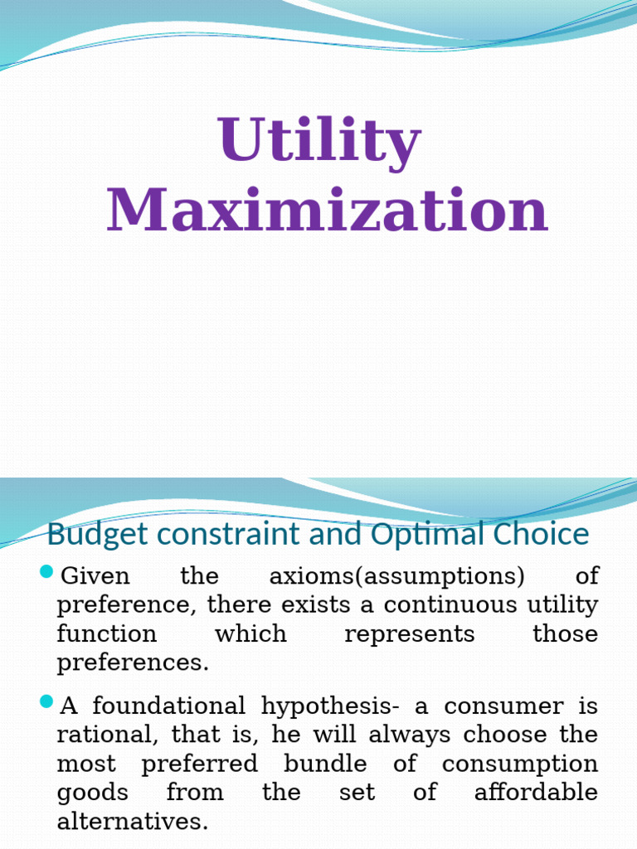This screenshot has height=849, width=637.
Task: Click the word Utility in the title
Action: point(319,141)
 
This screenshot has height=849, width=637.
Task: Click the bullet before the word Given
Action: point(46,573)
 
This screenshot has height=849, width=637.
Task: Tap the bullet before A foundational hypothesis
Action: point(46,704)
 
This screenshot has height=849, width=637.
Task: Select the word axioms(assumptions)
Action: point(396,576)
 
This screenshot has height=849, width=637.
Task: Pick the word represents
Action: point(410,633)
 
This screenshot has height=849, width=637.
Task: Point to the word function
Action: point(106,633)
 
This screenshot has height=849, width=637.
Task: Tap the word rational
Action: point(94,735)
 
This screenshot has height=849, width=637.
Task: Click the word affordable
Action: point(536,792)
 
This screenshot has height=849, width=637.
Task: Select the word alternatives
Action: point(132,821)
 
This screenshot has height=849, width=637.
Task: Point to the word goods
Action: point(92,793)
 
